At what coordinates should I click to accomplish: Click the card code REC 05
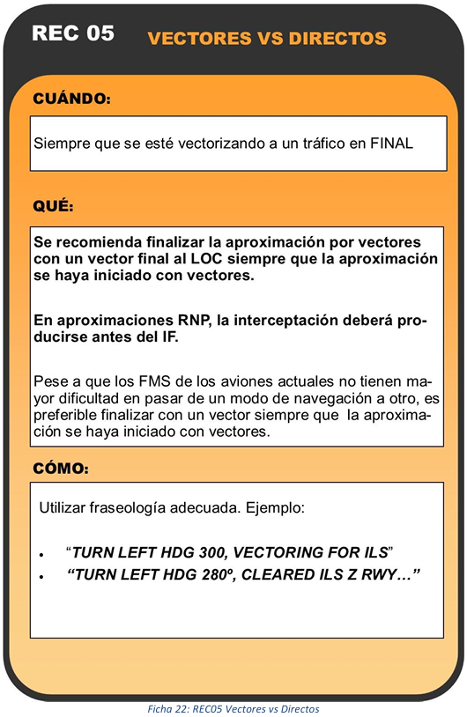click(73, 34)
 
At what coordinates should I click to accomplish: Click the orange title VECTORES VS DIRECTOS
click(267, 38)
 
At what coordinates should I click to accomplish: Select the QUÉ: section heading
click(53, 207)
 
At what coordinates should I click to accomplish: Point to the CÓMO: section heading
click(61, 469)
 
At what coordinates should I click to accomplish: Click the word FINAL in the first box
click(390, 142)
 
